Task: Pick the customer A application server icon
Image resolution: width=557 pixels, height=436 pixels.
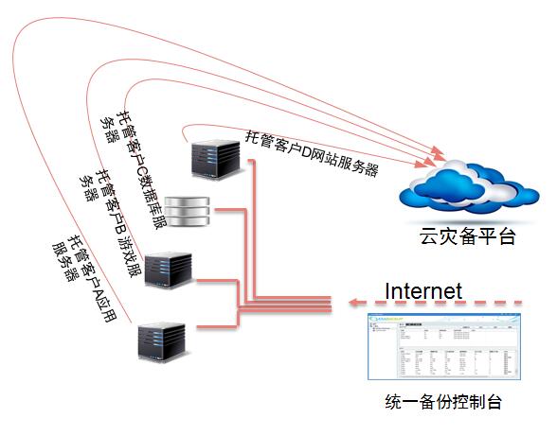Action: [x=160, y=339]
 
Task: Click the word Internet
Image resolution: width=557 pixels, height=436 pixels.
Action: [x=422, y=290]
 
